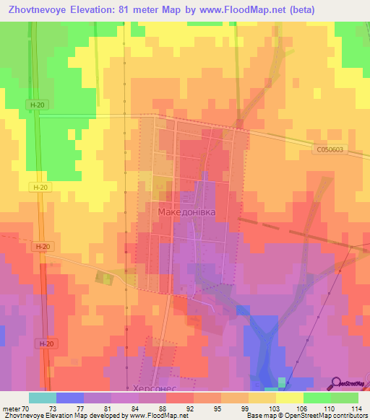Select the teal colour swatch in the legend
(x=43, y=398)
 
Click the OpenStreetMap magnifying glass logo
(x=337, y=383)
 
